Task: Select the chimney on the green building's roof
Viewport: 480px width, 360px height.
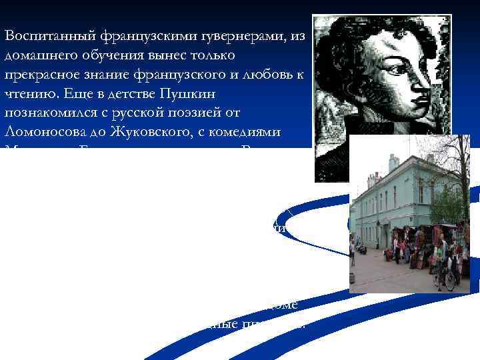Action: pyautogui.click(x=394, y=161)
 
